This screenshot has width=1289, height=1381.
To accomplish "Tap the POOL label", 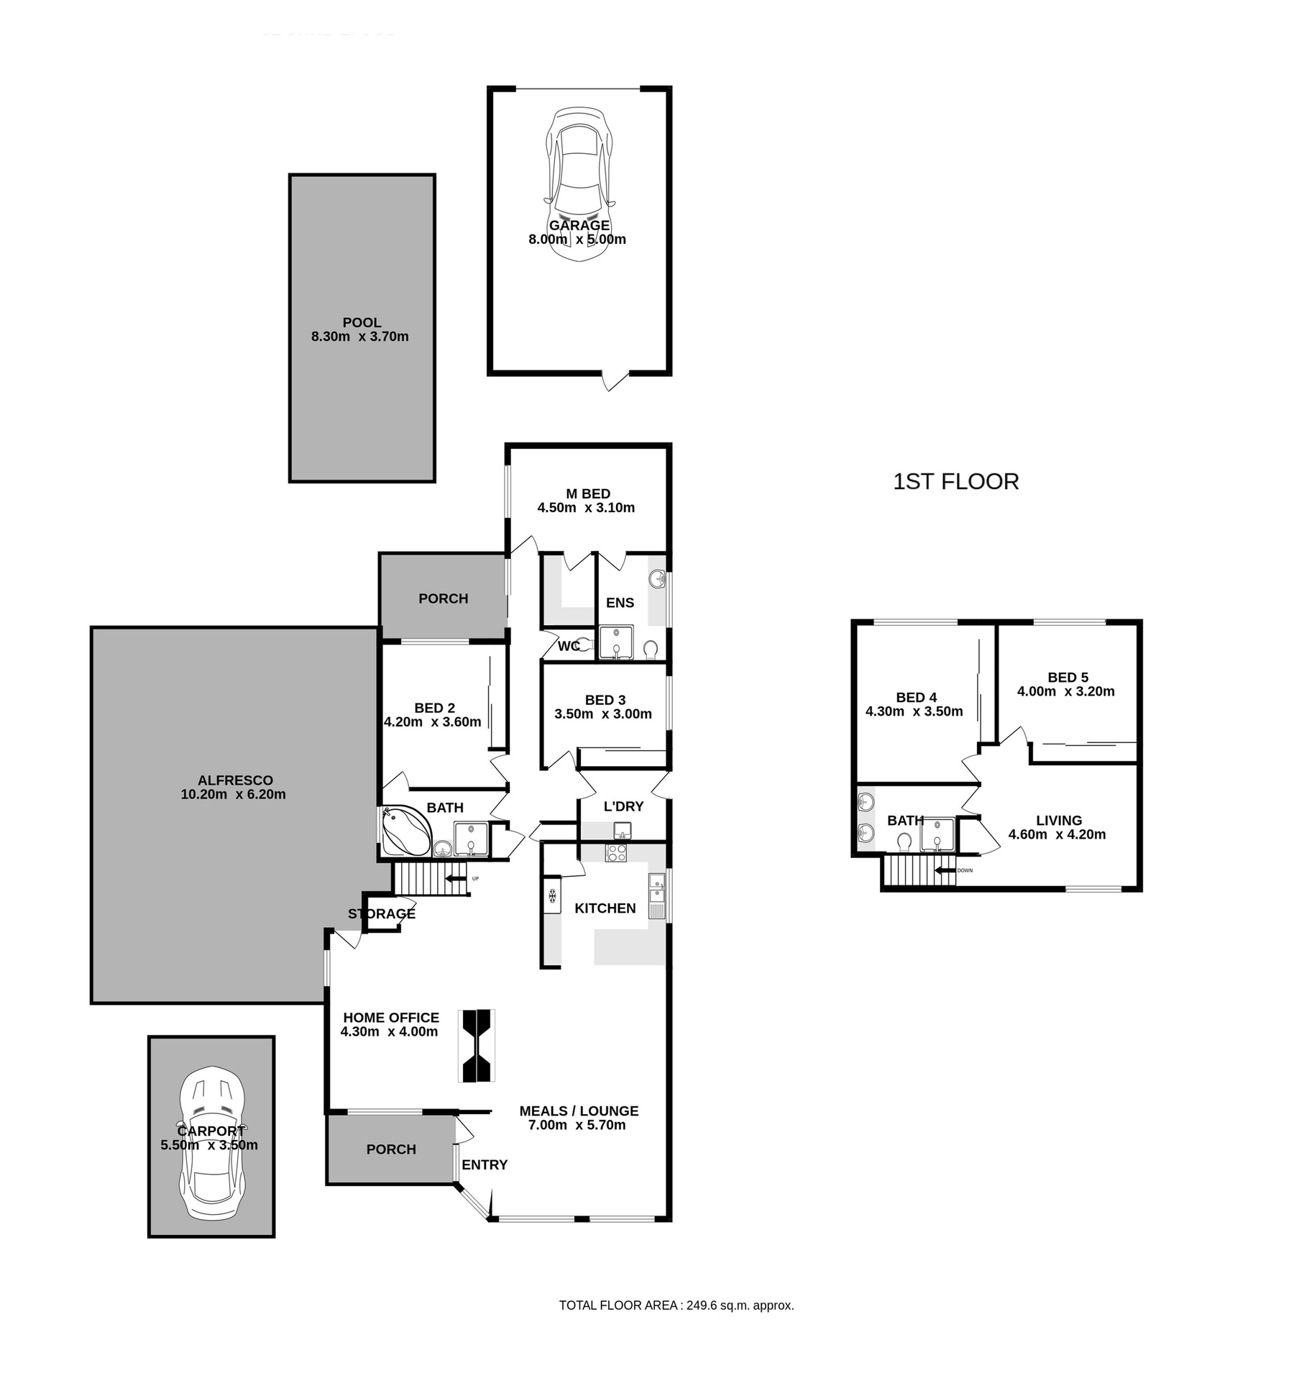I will coord(362,323).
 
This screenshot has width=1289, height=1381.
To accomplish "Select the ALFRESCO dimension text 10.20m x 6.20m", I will coord(233,795).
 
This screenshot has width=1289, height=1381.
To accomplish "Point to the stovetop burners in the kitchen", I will coord(616,853).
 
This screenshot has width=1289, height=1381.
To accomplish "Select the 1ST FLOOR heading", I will coord(955,482).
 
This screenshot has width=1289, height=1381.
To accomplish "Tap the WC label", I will coord(568,646).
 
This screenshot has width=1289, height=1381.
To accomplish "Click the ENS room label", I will coord(619,603).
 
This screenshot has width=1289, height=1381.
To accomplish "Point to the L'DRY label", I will coord(623,806).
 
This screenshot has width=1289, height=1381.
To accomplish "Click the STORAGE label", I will coord(381,914).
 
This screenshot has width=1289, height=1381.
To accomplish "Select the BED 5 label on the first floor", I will coord(1067,678).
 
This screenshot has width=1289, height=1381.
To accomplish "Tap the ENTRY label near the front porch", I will coord(484,1164).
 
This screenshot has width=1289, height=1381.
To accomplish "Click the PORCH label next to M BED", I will coord(443,598).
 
